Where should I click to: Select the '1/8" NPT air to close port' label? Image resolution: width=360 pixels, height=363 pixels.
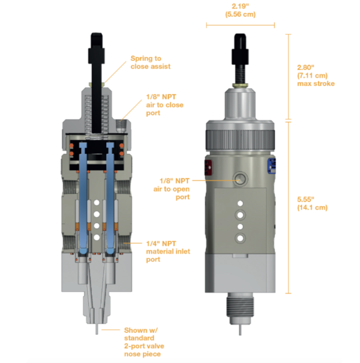(165, 105)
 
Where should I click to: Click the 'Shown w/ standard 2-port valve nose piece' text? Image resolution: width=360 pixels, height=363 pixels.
(143, 342)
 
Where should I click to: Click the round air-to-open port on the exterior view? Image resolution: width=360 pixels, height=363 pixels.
(240, 178)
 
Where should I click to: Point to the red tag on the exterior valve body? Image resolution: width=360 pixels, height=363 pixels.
(208, 168)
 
